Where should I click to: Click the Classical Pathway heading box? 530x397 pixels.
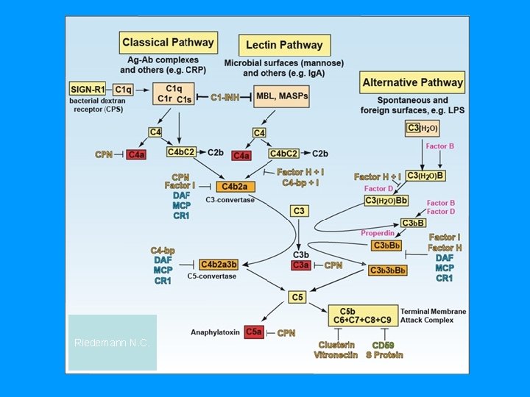pos(168,42)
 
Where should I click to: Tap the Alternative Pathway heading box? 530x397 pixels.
pos(412,82)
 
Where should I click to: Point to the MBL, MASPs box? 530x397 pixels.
pos(281,97)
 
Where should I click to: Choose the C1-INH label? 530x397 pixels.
pos(225,97)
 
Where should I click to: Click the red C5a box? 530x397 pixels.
pos(254,332)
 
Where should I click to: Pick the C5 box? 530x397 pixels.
pos(297,297)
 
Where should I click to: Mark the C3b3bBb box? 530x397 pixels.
pos(387,271)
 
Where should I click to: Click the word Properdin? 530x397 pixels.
pos(378,234)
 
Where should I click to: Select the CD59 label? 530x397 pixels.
pos(384,345)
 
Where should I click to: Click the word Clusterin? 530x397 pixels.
pos(336,345)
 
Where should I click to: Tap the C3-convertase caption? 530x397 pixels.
pos(230,199)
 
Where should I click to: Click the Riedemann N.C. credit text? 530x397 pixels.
pos(112,343)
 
